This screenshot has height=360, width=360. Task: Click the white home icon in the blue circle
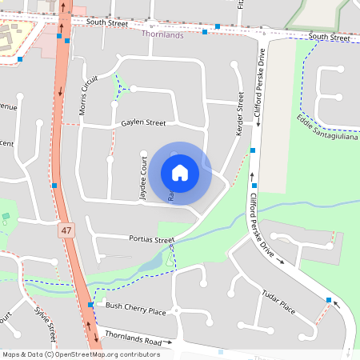click(x=180, y=172)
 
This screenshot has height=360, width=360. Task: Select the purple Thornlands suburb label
click(x=162, y=34)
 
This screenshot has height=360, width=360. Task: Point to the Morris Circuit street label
click(x=88, y=95)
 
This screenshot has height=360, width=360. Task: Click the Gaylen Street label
click(x=144, y=122)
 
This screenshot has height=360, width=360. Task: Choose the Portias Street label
click(x=151, y=239)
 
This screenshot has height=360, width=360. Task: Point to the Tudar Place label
click(x=278, y=302)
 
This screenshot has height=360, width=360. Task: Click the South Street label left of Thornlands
click(x=107, y=23)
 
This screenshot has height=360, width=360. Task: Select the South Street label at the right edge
click(x=329, y=38)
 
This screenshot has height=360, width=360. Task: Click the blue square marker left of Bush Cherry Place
click(x=90, y=306)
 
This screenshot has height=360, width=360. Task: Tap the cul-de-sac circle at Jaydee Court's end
click(x=145, y=154)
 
